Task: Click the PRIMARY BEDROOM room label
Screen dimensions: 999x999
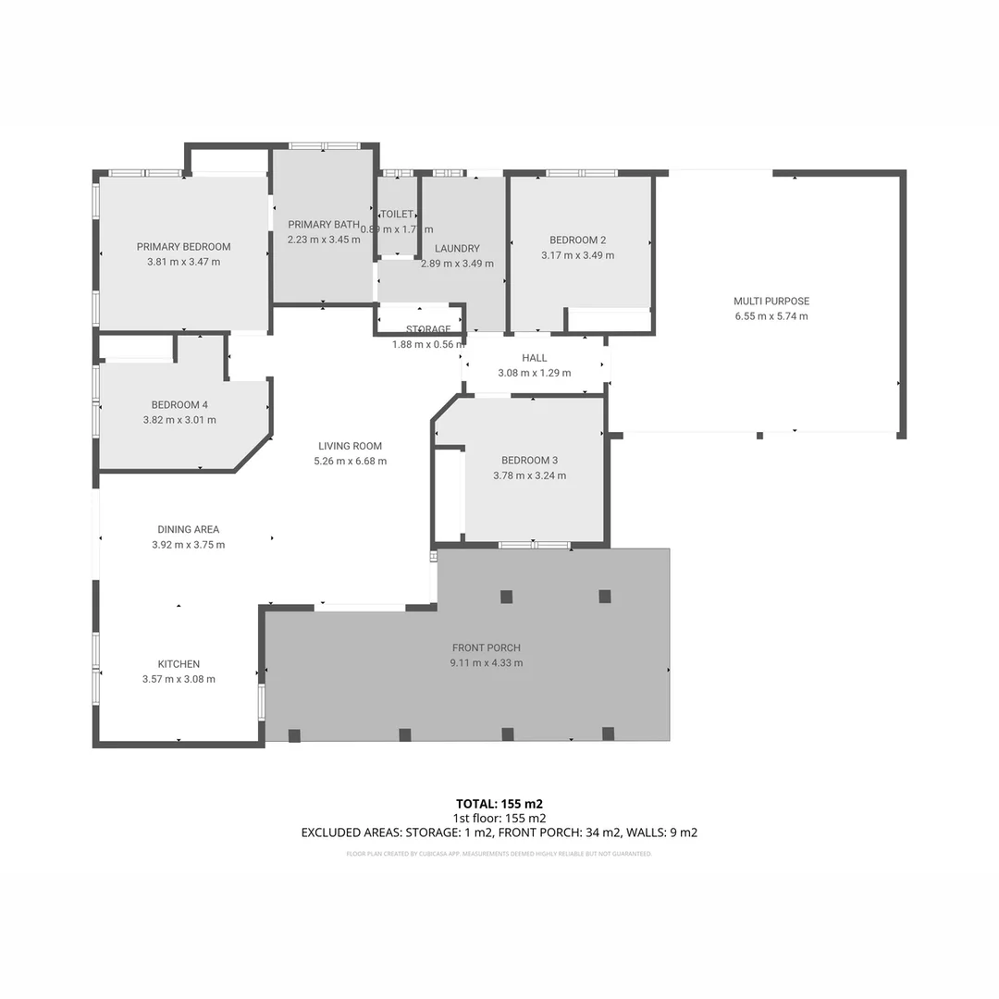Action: click(183, 247)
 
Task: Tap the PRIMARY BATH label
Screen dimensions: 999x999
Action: click(323, 225)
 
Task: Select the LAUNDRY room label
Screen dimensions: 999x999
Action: click(457, 249)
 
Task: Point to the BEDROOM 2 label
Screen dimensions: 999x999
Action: click(577, 240)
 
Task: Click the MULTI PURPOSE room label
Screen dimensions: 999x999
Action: click(771, 302)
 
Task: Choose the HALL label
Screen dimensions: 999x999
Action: click(534, 358)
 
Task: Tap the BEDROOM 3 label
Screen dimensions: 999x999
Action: click(529, 461)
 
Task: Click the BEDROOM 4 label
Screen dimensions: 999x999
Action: click(179, 405)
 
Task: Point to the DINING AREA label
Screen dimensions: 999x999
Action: click(188, 530)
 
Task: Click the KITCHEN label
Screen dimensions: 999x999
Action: click(179, 664)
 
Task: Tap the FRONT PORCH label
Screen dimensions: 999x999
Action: click(487, 647)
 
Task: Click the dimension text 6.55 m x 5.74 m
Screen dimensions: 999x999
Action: click(771, 316)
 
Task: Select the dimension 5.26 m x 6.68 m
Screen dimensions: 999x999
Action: click(350, 461)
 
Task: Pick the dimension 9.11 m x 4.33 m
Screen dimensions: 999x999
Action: click(487, 662)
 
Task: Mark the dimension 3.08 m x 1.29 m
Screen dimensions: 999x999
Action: click(534, 373)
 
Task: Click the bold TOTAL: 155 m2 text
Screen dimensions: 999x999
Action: click(499, 803)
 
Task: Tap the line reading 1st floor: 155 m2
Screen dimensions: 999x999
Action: click(499, 818)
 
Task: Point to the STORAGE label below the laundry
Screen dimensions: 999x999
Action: click(428, 329)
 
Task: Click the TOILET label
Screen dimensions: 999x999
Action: click(397, 215)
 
